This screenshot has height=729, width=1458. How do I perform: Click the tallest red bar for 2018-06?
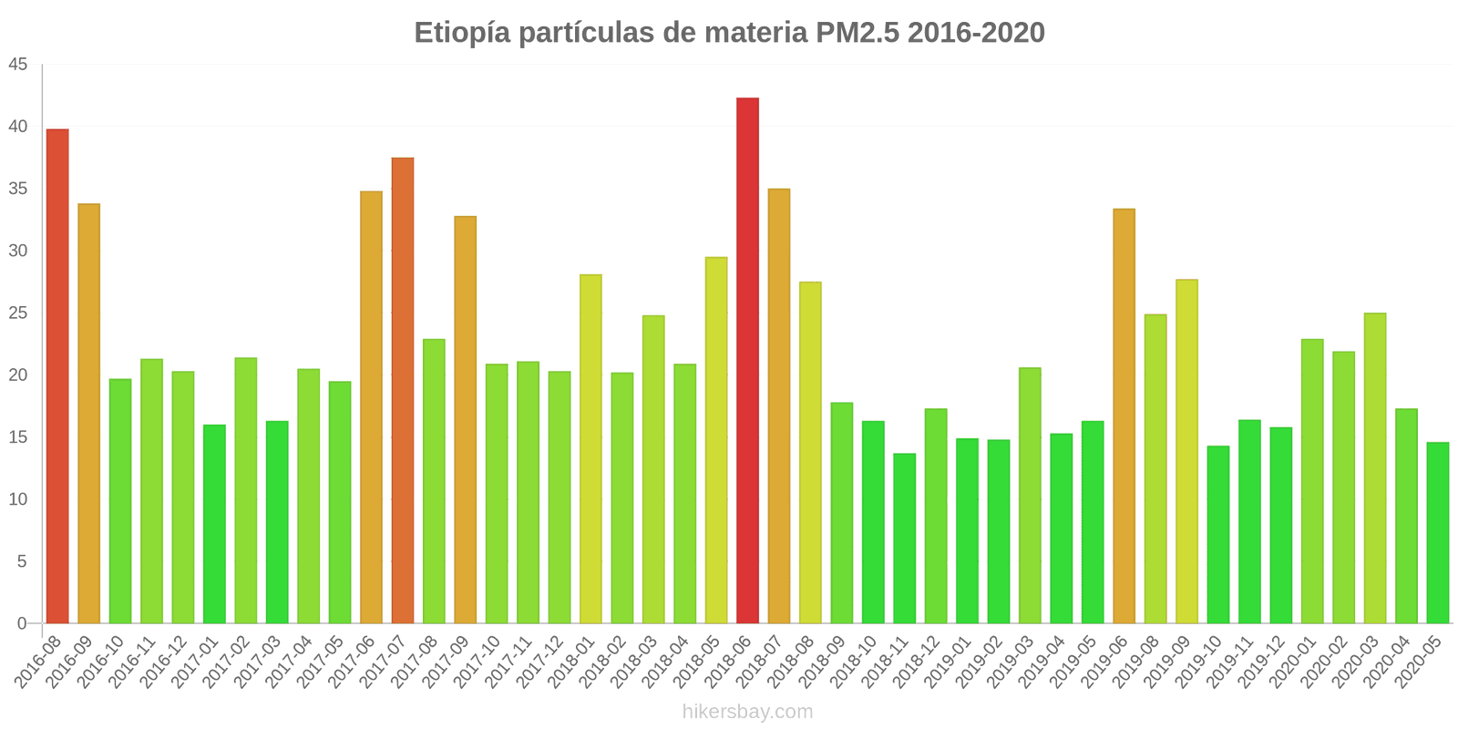pos(747,361)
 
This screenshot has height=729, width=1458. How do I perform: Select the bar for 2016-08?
pos(57,376)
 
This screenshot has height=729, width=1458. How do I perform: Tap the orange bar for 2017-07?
pos(403,391)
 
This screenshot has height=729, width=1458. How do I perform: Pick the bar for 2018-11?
pos(904,539)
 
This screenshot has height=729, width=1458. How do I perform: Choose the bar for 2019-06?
pos(1124,416)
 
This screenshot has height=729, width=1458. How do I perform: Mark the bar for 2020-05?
pos(1437,533)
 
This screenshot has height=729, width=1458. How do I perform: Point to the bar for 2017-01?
pos(214,524)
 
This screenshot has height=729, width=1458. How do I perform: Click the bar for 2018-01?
pos(590,449)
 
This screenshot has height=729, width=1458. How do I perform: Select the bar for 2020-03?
pos(1374,468)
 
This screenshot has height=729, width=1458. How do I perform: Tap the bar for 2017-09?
pos(465,420)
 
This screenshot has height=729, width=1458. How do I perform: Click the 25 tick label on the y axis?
pos(18,313)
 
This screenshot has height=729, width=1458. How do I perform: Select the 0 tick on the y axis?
pos(22,623)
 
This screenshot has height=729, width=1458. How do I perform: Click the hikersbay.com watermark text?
pos(747,712)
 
